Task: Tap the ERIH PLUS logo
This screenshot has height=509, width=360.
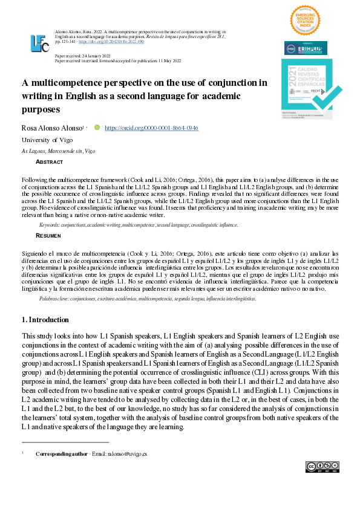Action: coord(306,48)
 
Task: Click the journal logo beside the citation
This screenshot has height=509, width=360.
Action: coord(40,44)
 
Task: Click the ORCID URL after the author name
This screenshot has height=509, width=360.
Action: coord(151,128)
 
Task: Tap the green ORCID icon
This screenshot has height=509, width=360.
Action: coord(97,128)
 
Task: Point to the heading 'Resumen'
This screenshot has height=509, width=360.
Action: coord(48,235)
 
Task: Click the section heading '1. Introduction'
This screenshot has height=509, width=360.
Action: coord(45,319)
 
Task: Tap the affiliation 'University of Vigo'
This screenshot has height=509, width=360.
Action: coord(47,140)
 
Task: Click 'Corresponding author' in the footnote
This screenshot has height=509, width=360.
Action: coord(61,453)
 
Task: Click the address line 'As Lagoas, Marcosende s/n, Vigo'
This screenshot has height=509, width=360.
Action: coord(58,151)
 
